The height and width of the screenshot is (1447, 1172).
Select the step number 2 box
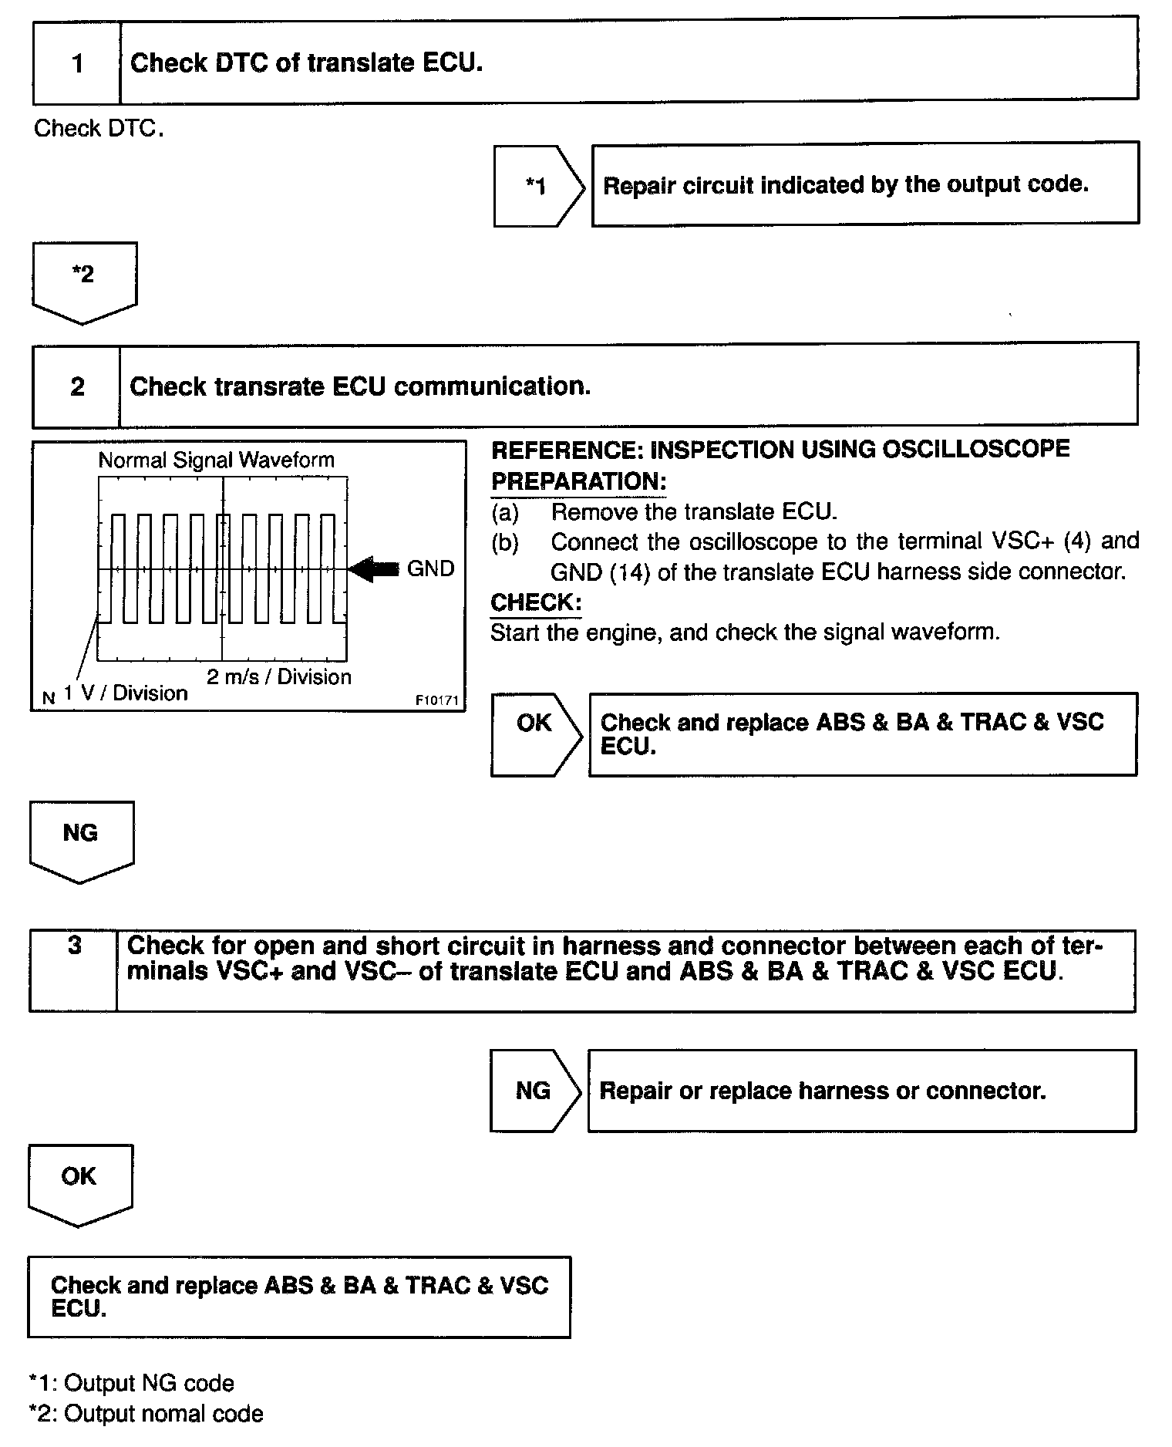[77, 386]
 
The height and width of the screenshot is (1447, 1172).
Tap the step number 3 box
[74, 970]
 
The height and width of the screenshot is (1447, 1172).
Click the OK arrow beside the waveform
[536, 733]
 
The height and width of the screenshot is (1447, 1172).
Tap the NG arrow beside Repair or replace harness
[534, 1091]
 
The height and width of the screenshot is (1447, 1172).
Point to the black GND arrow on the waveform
[373, 569]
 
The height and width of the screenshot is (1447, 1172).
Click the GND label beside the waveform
[430, 569]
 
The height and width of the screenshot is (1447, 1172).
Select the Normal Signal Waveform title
[217, 460]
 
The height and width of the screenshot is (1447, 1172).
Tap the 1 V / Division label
[126, 693]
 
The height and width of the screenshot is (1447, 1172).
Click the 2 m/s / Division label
[278, 676]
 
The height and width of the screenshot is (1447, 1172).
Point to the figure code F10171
[436, 700]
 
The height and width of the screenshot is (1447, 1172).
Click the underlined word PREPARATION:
[578, 481]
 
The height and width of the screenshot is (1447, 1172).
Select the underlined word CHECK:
[536, 602]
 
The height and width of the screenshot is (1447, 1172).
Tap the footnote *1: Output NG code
[131, 1383]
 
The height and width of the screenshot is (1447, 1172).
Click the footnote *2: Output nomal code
[146, 1414]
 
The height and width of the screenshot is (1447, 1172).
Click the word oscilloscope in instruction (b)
[753, 541]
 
